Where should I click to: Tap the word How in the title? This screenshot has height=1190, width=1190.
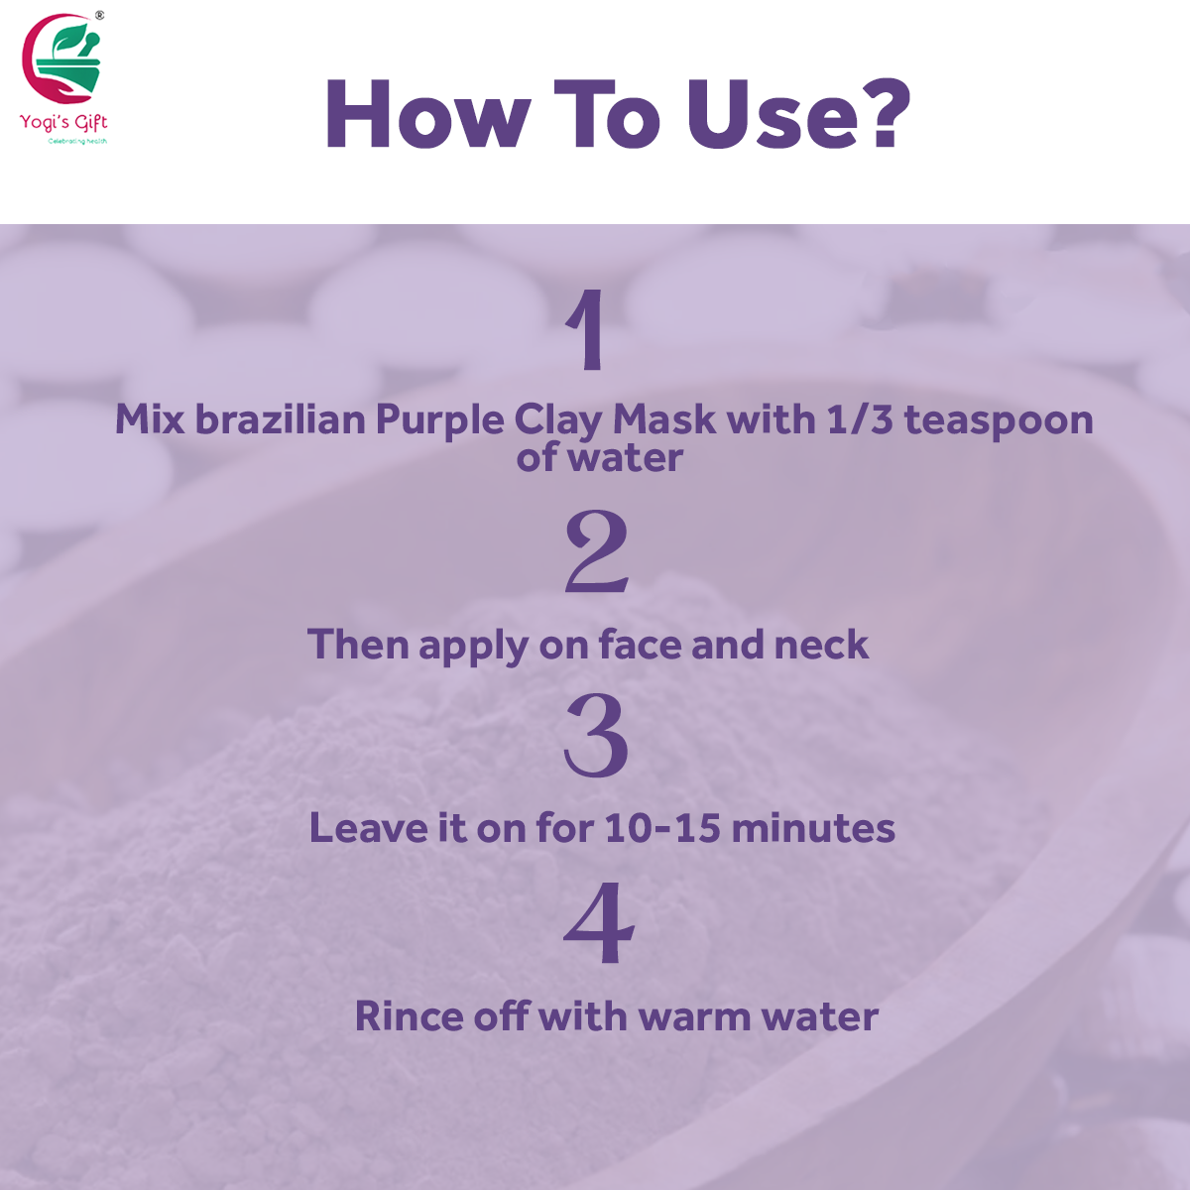(x=427, y=114)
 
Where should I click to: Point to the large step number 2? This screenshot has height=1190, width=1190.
(x=597, y=550)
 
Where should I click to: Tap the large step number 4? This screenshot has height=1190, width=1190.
(x=598, y=922)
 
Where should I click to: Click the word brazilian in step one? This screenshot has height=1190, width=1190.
(x=281, y=419)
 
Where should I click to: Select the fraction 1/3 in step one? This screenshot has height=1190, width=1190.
(x=860, y=419)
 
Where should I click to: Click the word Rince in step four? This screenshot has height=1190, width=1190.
(x=410, y=1015)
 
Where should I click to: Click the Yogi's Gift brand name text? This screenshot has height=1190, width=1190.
(x=63, y=122)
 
